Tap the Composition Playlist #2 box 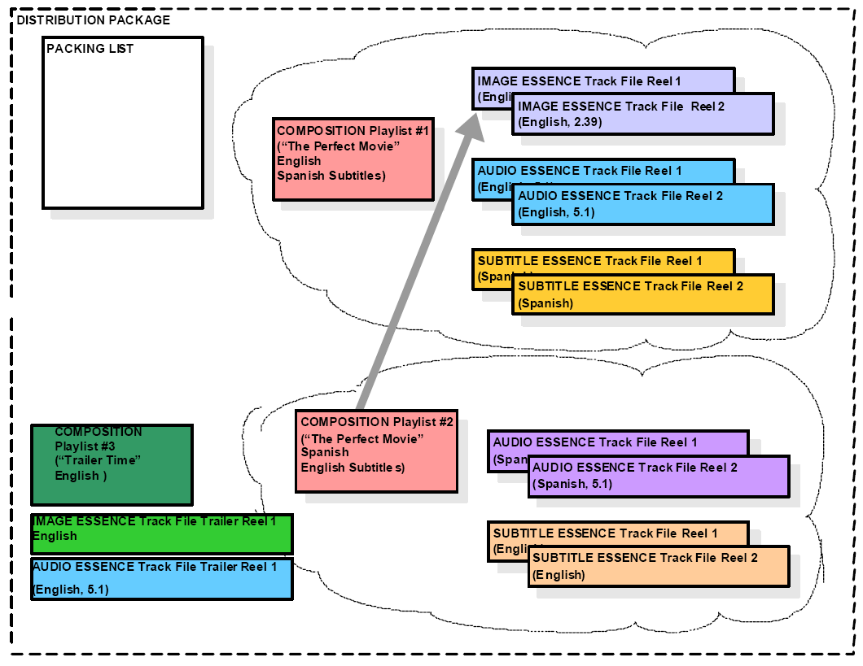coord(376,451)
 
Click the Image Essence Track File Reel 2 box coord(643,114)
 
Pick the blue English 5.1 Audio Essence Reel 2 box coord(643,204)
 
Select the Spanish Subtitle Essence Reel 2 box coord(643,294)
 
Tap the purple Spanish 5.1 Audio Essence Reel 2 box coord(659,476)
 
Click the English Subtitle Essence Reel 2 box coord(659,566)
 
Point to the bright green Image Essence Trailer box coord(161,534)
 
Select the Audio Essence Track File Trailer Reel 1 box coord(161,579)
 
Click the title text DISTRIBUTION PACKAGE coord(94,20)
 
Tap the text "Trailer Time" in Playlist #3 coord(99,461)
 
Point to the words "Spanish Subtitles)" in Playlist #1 coord(331,176)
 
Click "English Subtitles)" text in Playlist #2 coord(353,468)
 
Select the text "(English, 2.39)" coord(560,122)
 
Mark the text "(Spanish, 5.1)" coord(572,484)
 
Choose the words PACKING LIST coord(90,49)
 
